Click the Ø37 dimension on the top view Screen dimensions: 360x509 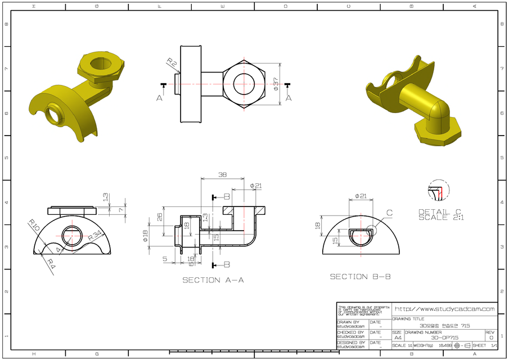click(x=276, y=85)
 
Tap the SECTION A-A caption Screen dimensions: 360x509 click(x=213, y=280)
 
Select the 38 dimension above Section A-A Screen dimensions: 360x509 click(x=222, y=175)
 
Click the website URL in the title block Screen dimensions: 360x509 click(x=444, y=309)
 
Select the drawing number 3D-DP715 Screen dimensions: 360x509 click(x=444, y=337)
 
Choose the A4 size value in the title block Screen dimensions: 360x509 click(x=398, y=337)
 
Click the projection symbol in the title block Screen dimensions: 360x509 click(x=462, y=345)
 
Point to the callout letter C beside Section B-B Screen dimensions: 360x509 click(x=389, y=213)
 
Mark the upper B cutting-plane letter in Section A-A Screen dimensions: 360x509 click(x=227, y=197)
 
